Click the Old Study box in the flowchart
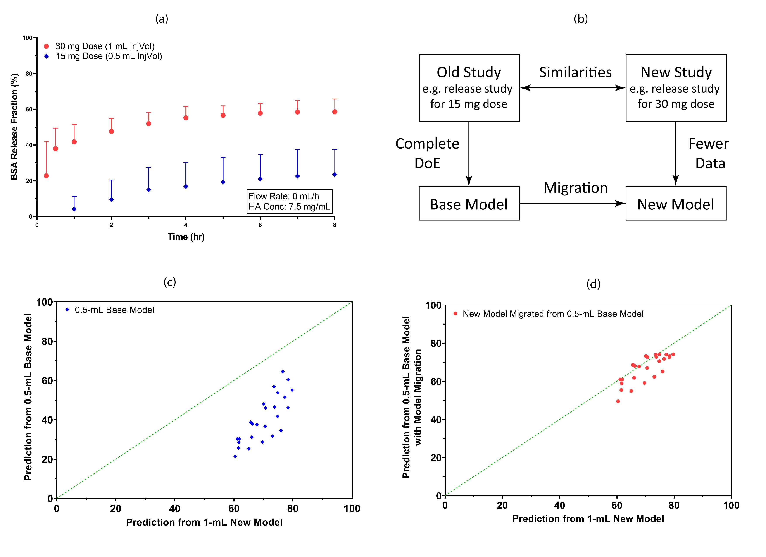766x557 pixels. [469, 88]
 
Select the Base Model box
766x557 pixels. [469, 204]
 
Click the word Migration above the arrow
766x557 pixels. [575, 188]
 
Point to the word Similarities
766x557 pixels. [575, 72]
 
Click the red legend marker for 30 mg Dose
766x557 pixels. [47, 46]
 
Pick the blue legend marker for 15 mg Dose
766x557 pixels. [47, 56]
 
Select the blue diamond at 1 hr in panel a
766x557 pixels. [74, 209]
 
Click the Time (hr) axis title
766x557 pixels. [186, 237]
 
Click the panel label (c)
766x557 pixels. [169, 282]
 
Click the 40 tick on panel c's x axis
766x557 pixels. [175, 508]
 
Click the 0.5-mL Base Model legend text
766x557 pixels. [114, 310]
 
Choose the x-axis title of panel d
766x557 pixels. [588, 519]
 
